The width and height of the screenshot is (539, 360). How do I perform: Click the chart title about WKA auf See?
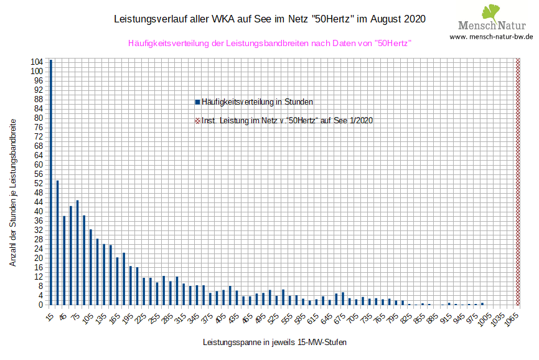270,19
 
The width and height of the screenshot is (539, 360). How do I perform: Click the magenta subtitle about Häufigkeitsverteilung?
269,44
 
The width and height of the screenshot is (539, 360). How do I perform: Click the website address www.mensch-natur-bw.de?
491,37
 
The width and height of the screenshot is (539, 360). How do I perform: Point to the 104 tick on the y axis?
37,62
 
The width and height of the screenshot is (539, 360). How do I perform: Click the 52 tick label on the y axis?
39,184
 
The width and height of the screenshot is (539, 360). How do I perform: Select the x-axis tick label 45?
62,317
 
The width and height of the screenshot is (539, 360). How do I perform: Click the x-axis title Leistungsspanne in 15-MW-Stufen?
274,343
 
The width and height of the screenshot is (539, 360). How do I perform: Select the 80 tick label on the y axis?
39,118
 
